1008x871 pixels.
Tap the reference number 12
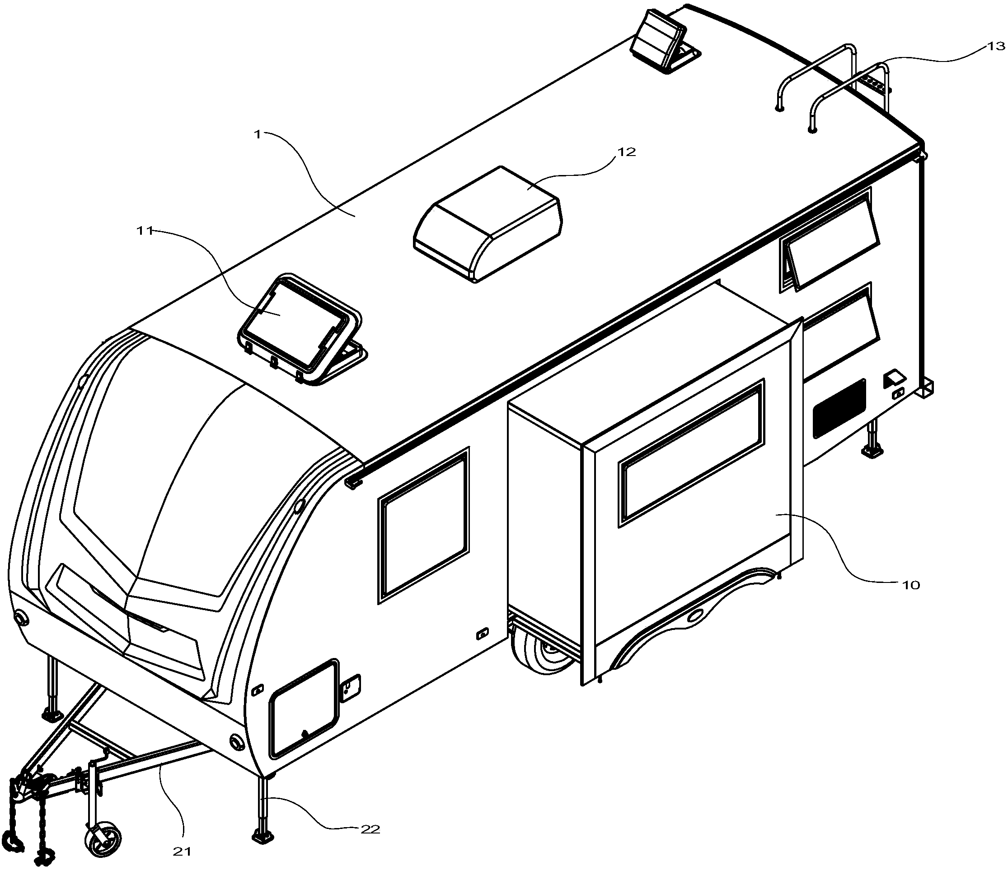(627, 152)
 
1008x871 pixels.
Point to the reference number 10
(911, 585)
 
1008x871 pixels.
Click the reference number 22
(370, 828)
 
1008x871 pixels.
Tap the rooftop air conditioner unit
(488, 223)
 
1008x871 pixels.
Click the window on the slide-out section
(691, 453)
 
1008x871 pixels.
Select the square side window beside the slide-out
(424, 525)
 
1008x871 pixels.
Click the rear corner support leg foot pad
(873, 452)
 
